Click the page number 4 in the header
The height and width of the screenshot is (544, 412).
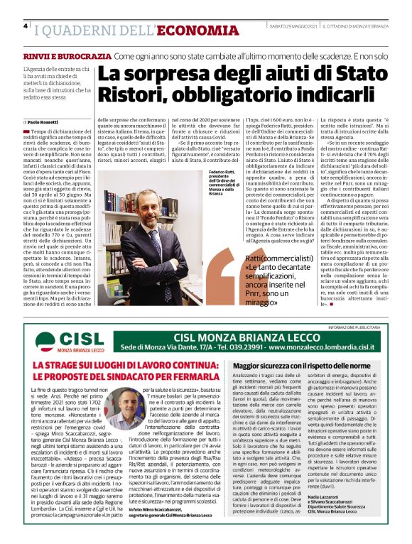coord(26,27)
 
